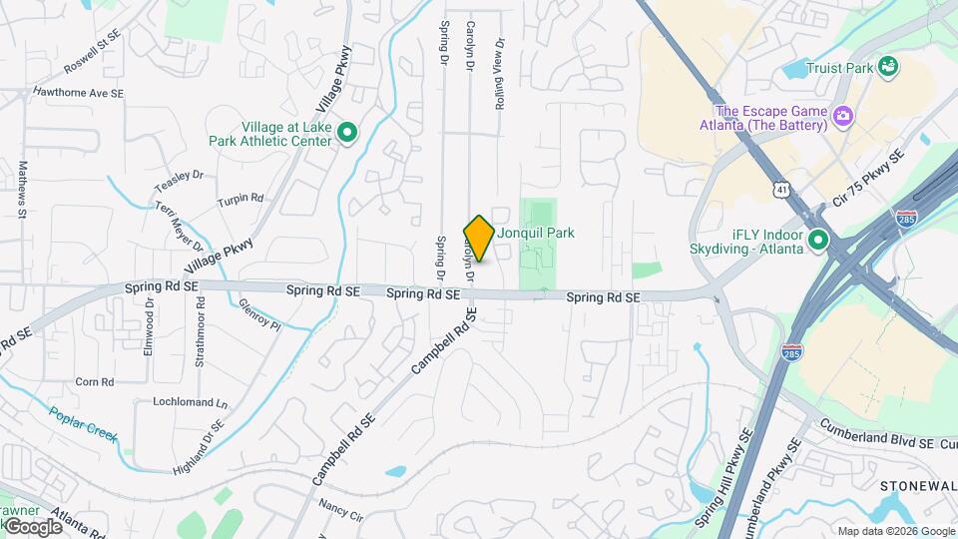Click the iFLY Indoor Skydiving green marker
tap(818, 241)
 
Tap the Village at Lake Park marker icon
tap(347, 133)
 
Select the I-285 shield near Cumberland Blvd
tap(790, 352)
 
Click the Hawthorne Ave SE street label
tap(78, 93)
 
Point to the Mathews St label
tap(22, 187)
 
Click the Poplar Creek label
tap(85, 424)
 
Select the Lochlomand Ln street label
tap(190, 403)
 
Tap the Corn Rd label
tap(95, 381)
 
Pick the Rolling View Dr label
tap(500, 74)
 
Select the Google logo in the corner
tap(32, 526)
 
